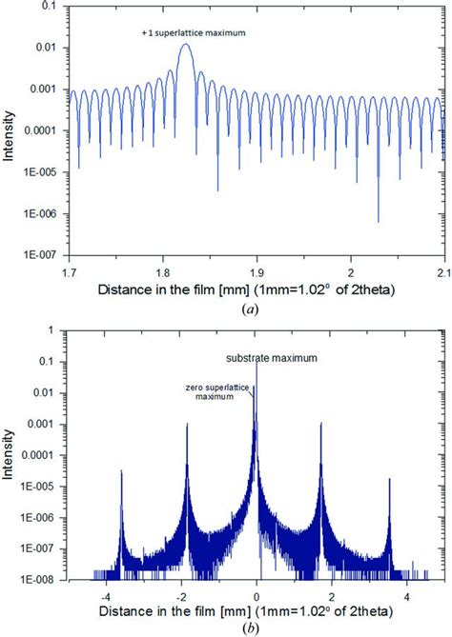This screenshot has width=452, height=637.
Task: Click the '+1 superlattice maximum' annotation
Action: tap(186, 34)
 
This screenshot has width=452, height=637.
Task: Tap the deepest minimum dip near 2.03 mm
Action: tap(378, 221)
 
